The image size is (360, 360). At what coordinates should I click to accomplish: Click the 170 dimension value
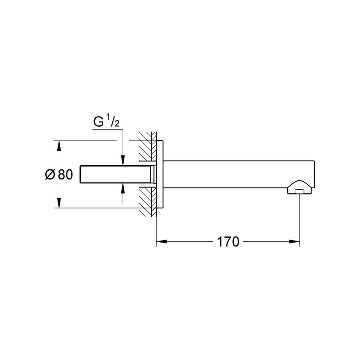tap(228, 242)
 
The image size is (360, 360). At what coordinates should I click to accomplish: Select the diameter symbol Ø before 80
tap(50, 174)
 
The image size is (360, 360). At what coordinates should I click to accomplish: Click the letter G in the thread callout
tap(98, 122)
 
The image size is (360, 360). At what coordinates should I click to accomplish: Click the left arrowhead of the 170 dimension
tap(161, 242)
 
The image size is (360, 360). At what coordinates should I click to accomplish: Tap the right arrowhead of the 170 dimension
tap(296, 242)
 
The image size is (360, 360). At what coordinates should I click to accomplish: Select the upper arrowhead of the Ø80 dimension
tap(58, 145)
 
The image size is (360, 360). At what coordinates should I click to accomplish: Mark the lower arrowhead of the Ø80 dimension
tap(58, 204)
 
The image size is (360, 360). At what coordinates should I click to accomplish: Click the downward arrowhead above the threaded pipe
tap(122, 161)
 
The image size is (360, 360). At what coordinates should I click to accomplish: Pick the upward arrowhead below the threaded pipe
tap(122, 188)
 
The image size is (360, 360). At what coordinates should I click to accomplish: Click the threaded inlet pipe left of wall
tap(114, 174)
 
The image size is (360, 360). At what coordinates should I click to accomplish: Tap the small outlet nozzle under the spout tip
tap(300, 192)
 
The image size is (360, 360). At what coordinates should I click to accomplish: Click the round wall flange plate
tap(160, 174)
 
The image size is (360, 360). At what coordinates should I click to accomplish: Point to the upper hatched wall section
tap(147, 148)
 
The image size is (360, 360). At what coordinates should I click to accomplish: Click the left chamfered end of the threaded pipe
tap(82, 174)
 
